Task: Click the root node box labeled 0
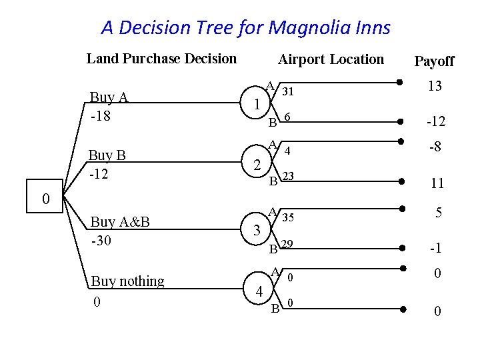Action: pos(45,198)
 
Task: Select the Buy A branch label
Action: pos(109,98)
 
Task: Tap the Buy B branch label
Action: pos(107,155)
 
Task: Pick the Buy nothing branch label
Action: pos(127,281)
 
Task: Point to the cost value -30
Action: pos(101,239)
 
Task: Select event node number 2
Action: pos(257,164)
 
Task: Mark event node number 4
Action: pos(259,291)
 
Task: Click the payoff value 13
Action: pos(435,87)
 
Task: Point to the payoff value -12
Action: pos(435,123)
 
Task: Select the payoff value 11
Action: pos(437,183)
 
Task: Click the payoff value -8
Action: pos(435,147)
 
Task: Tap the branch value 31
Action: pos(289,91)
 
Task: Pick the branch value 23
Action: pos(289,177)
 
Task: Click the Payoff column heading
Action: pos(434,61)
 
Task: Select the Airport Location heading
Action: pos(331,59)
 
